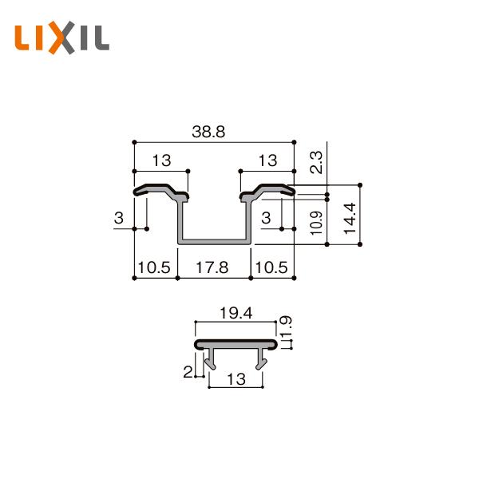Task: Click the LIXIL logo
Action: click(62, 38)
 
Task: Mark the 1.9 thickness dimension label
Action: click(288, 327)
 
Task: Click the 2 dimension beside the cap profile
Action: click(188, 370)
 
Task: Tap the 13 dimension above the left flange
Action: click(160, 160)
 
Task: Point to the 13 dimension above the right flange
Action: click(267, 160)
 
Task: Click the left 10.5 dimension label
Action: click(153, 268)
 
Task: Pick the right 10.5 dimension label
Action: click(271, 268)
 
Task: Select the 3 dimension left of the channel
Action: click(119, 219)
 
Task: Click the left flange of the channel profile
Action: click(160, 192)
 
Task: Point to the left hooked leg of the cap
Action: click(211, 362)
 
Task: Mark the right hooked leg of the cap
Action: click(261, 362)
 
